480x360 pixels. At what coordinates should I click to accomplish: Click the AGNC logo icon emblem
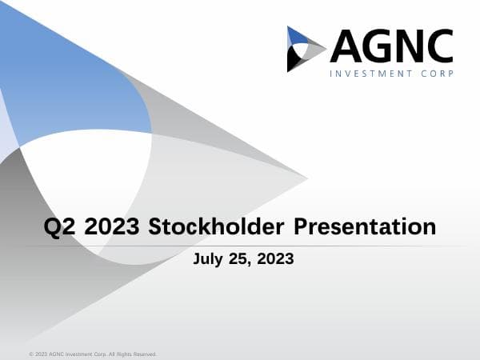tap(306, 49)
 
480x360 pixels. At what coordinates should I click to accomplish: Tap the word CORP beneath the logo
tap(437, 74)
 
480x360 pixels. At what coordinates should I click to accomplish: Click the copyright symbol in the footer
tap(30, 354)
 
